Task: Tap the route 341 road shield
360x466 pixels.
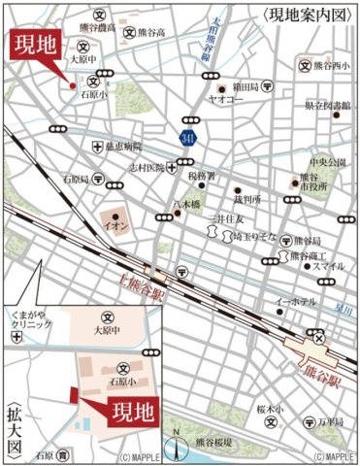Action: (185, 140)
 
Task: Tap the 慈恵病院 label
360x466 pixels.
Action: (126, 147)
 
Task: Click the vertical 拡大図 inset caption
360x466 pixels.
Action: (14, 420)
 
